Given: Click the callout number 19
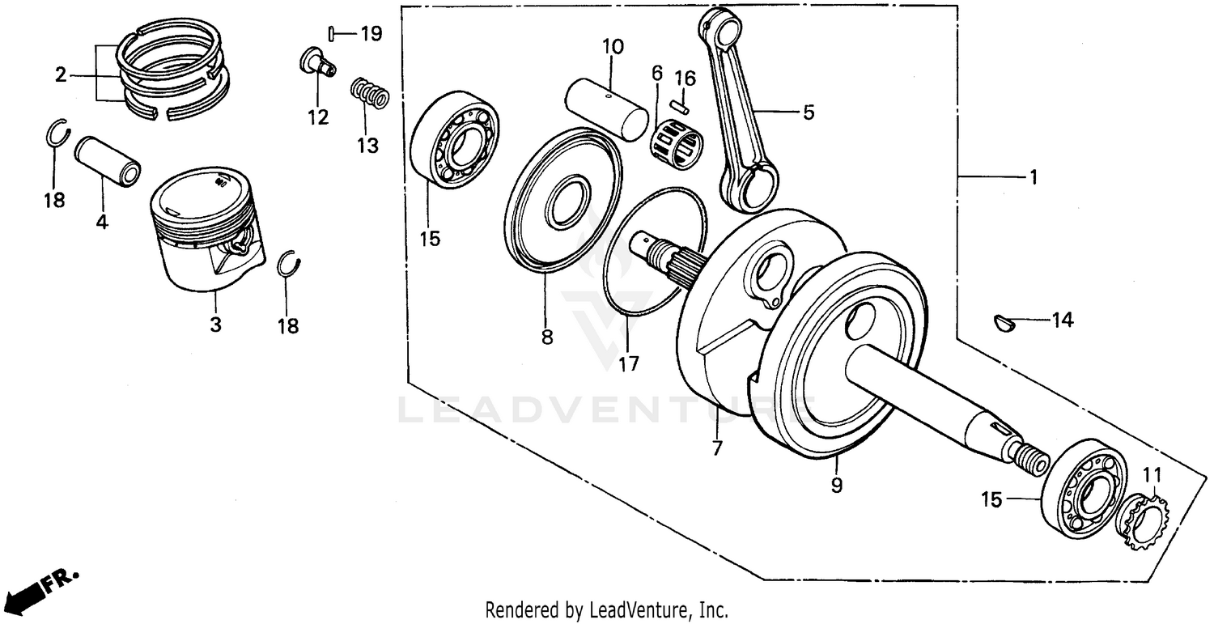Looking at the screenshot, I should point(371,34).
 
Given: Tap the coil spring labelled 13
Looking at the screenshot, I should point(370,92).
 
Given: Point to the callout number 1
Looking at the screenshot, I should point(1032,176).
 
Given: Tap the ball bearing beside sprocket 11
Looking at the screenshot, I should point(1083,490).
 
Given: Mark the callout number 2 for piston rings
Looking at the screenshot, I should point(61,75).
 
